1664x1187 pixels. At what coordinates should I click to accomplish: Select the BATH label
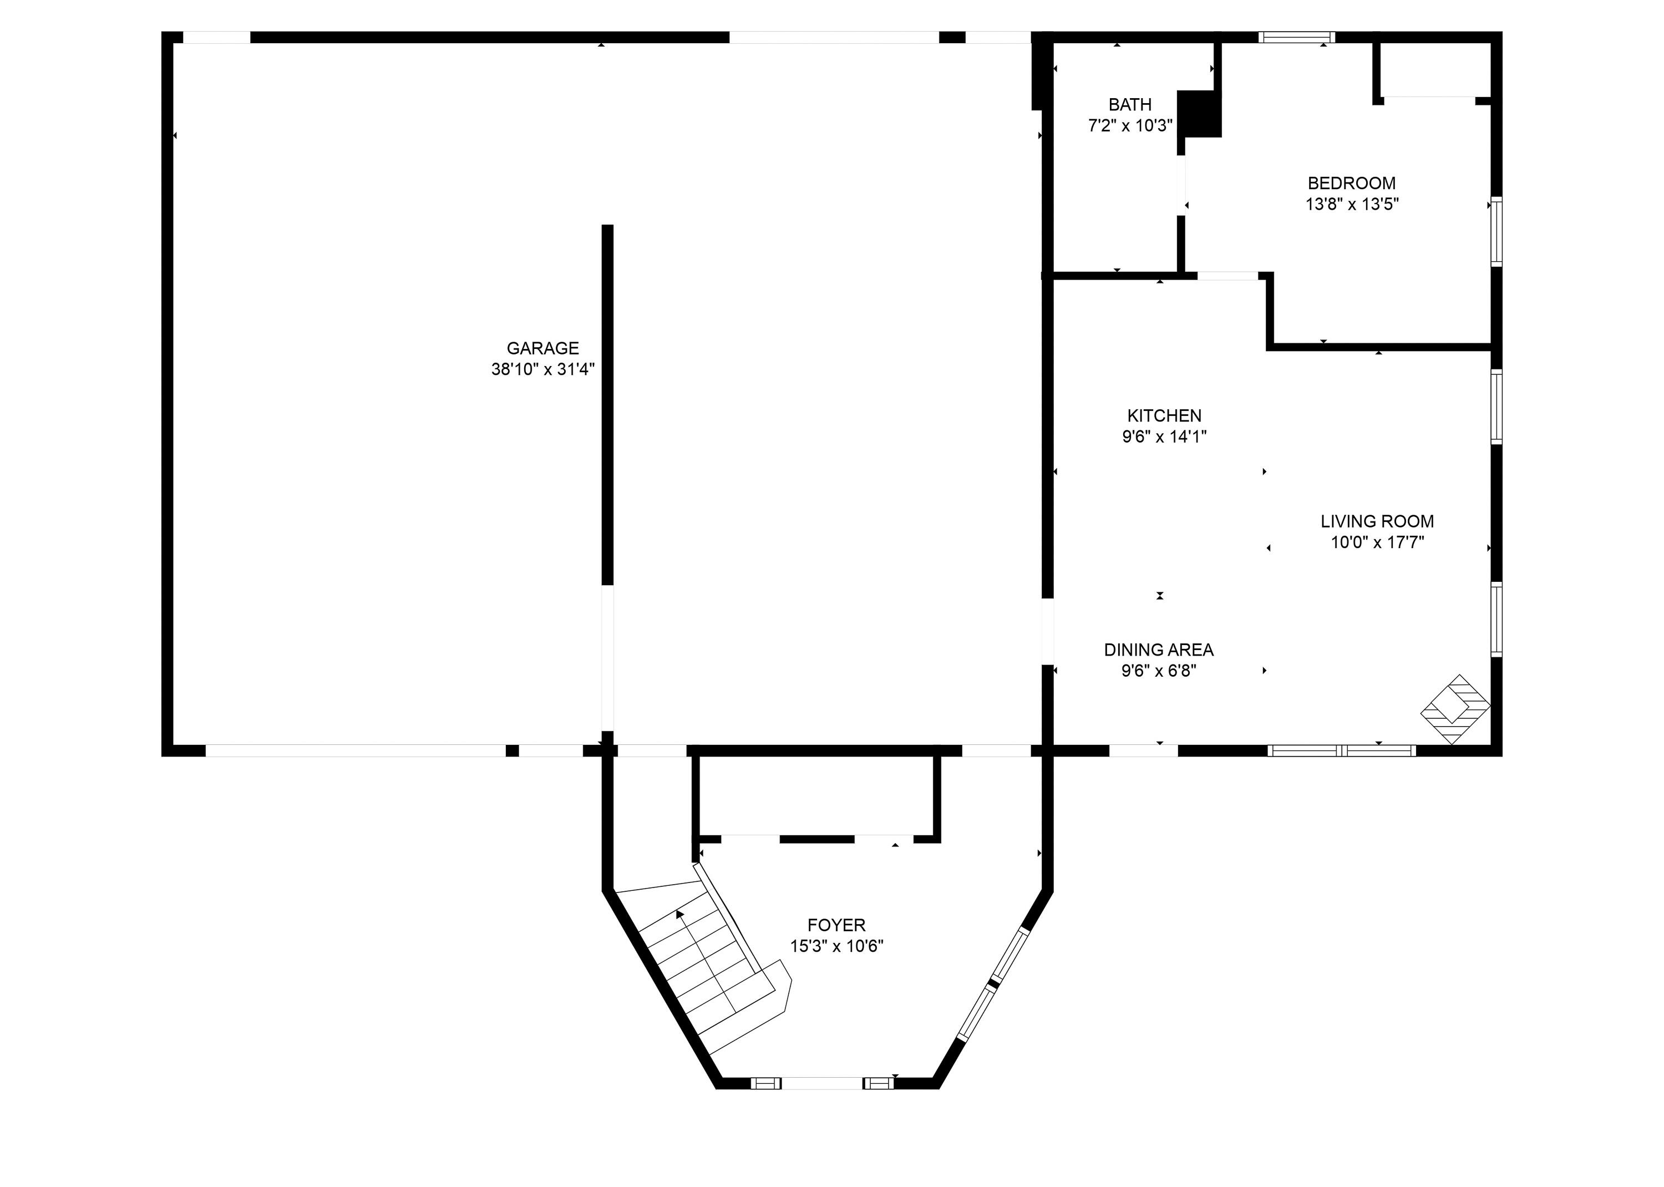pos(1129,104)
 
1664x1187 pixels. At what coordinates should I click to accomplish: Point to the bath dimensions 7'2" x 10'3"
pos(1130,126)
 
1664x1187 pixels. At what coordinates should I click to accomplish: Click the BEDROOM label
pos(1351,184)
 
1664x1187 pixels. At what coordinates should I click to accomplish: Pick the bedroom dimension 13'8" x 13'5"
pos(1351,205)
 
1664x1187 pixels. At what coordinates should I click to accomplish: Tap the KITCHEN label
pos(1164,416)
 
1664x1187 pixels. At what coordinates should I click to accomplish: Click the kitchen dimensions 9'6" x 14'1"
pos(1164,437)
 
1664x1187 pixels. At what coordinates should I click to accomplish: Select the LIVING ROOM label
pos(1377,522)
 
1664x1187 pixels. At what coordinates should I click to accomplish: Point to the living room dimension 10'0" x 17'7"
pos(1377,543)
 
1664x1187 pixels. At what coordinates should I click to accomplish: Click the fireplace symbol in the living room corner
pos(1454,709)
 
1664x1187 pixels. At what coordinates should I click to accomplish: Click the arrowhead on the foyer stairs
pos(679,914)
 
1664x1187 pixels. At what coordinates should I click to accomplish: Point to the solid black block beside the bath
pos(1199,114)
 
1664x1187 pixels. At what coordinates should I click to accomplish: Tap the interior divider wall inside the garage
pos(607,402)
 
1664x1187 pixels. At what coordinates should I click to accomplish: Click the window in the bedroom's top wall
pos(1296,37)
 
